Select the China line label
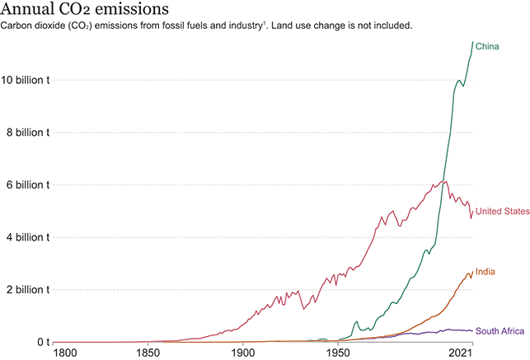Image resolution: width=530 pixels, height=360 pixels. point(488,46)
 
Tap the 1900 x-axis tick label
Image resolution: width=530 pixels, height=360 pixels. point(242,353)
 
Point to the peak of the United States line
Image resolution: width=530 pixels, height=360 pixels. point(445,181)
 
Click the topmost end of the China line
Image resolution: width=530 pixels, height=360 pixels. point(472,42)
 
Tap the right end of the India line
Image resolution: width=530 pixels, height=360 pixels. point(472,273)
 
